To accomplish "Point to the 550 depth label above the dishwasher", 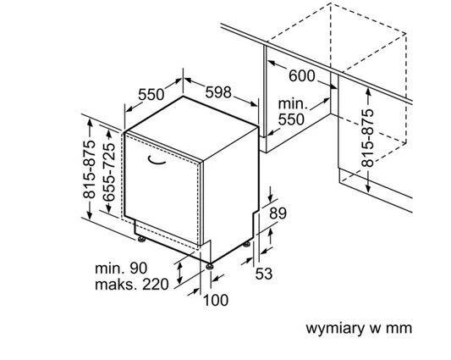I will (153, 94).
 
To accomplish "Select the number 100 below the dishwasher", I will (216, 299).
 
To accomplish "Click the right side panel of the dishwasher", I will (230, 186).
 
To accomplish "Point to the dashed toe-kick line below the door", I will (169, 235).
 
